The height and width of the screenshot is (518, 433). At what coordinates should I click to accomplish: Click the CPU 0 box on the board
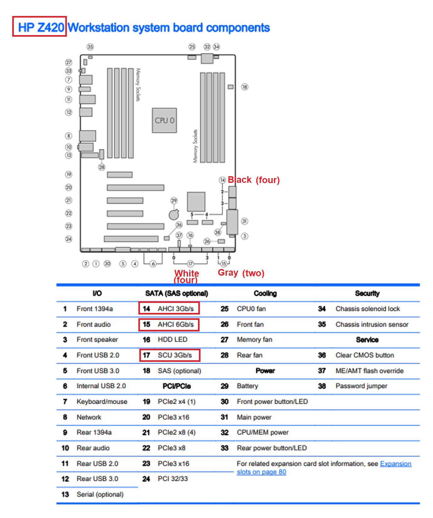click(164, 120)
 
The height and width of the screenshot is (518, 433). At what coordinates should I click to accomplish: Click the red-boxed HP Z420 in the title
click(40, 27)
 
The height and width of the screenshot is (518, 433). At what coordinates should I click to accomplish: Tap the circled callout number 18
click(244, 87)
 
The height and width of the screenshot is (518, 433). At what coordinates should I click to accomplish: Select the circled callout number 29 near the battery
click(174, 200)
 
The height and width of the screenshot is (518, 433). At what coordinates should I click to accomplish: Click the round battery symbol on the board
click(174, 214)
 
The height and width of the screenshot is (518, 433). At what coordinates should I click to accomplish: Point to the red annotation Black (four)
click(254, 180)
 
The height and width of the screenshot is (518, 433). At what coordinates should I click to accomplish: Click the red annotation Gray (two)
click(241, 273)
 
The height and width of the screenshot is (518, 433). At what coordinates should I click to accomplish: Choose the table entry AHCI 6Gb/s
click(175, 324)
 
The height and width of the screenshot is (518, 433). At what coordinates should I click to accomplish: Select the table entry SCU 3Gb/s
click(174, 355)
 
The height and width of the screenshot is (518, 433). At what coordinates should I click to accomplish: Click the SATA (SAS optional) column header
click(176, 293)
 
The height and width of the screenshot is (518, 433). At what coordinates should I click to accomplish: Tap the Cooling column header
click(265, 293)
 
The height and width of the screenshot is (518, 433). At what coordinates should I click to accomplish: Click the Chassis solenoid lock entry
click(367, 309)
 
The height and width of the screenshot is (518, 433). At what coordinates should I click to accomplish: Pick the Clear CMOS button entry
click(365, 355)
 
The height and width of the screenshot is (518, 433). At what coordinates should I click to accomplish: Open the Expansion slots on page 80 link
click(395, 463)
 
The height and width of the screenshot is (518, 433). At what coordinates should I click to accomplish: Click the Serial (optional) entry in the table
click(100, 494)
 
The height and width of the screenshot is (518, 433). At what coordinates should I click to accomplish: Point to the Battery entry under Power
click(247, 386)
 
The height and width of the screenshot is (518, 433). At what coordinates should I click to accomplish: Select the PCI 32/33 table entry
click(173, 478)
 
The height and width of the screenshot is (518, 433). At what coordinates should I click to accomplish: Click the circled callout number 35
click(90, 47)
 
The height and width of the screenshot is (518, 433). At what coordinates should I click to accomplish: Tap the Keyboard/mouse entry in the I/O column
click(102, 401)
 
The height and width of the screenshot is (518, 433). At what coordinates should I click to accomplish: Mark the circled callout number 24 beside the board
click(68, 239)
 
